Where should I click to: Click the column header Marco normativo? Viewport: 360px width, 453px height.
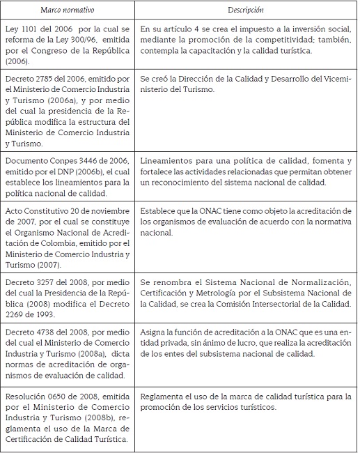coord(67,10)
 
